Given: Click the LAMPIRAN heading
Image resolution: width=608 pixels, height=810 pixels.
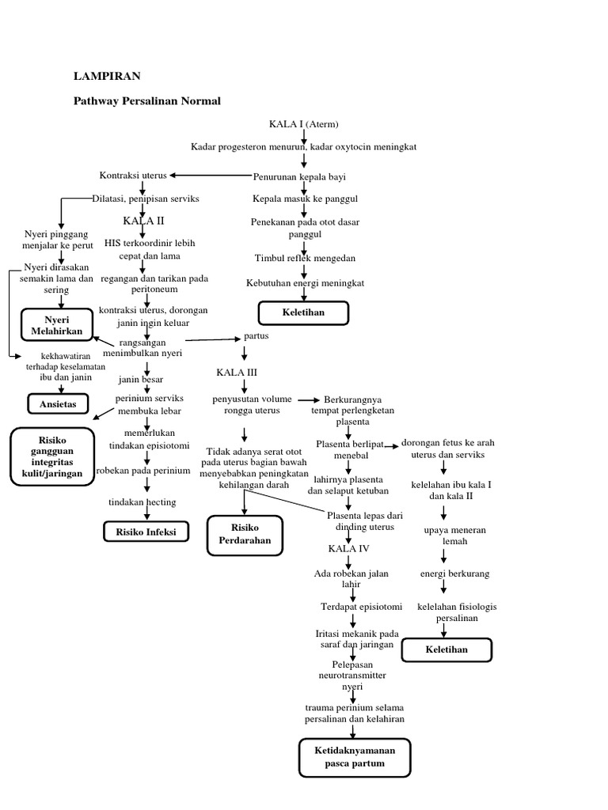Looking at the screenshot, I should (x=107, y=76).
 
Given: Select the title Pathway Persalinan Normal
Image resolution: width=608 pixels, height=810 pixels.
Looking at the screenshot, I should (x=147, y=101).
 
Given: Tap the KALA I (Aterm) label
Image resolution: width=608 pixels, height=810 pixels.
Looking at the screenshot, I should (x=304, y=124).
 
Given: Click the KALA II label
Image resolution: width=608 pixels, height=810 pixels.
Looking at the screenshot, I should (x=143, y=220).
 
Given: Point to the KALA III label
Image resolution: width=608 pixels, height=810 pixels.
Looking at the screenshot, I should (x=237, y=372).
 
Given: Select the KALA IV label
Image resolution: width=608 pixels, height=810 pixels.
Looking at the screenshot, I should (x=348, y=548).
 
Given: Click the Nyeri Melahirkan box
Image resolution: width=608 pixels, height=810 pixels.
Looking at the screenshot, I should (x=57, y=325).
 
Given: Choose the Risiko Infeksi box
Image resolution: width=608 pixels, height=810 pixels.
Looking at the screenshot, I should (x=146, y=532).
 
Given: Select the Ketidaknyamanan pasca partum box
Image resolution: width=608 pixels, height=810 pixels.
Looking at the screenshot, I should (x=355, y=757).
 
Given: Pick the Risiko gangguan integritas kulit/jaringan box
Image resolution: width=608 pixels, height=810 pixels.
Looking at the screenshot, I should (x=52, y=456).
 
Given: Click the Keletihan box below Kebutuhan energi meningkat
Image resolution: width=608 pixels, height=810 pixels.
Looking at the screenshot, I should (x=303, y=313).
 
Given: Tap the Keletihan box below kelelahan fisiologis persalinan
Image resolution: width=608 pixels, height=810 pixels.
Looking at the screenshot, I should (x=446, y=649).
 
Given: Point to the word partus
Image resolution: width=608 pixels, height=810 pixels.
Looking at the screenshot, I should (x=256, y=336).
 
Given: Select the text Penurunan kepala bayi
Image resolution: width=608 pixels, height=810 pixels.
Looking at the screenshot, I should (x=299, y=176).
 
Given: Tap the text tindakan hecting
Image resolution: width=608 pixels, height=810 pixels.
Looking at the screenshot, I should (x=142, y=502).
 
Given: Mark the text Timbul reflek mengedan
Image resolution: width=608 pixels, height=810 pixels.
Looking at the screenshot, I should (x=305, y=259).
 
